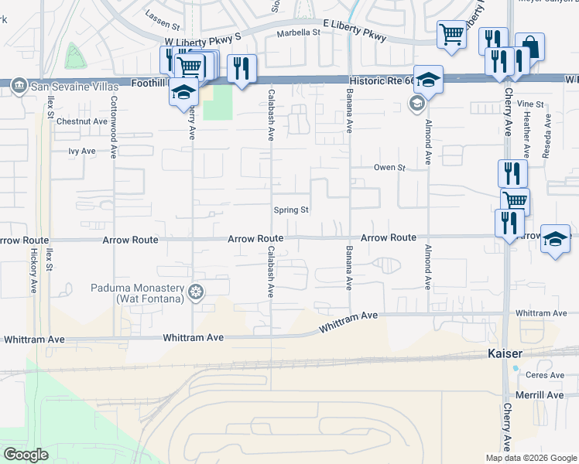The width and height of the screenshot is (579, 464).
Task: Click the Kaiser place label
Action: [505, 353]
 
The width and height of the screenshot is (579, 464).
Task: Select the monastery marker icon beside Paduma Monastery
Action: [197, 292]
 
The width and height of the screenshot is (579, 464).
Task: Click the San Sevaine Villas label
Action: [66, 87]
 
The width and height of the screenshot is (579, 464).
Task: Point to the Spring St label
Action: [292, 210]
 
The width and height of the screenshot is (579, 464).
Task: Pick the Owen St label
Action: [389, 167]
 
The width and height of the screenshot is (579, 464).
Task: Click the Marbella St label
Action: [299, 32]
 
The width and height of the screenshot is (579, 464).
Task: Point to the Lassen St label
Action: [162, 14]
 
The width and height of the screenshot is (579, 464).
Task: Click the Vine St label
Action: [531, 103]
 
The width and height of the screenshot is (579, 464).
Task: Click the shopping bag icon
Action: [529, 47]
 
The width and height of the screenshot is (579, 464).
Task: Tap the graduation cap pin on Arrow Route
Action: [555, 238]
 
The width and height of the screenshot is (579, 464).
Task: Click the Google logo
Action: [26, 454]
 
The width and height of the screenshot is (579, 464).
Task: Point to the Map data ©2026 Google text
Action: [531, 458]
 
